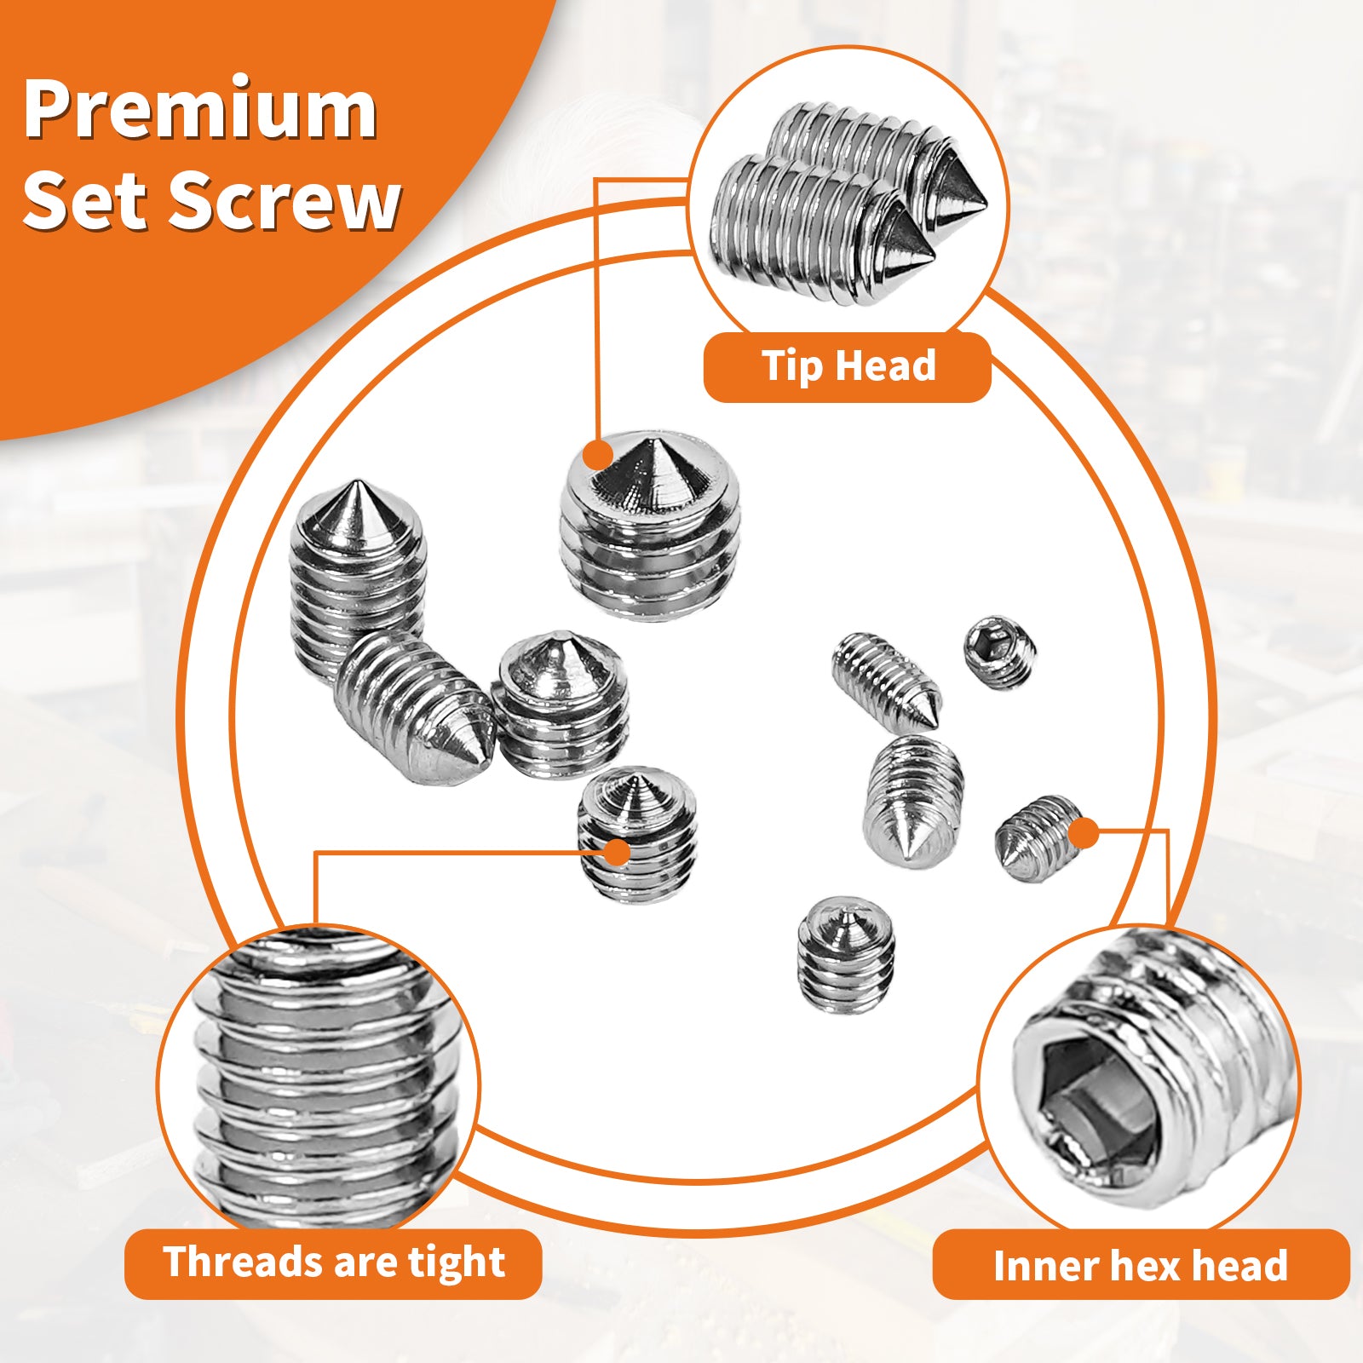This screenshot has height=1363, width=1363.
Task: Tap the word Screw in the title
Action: [285, 201]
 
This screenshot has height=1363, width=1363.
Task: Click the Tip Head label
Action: [848, 366]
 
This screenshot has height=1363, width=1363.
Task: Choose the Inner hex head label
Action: [1141, 1265]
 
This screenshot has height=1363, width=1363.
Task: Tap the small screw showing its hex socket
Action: [1000, 652]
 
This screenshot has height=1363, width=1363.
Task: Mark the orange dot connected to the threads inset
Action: [616, 851]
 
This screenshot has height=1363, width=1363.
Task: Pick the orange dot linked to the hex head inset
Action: [1083, 833]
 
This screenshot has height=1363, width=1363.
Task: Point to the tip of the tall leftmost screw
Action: [354, 490]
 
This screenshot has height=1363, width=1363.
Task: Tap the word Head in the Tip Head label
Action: [886, 366]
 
